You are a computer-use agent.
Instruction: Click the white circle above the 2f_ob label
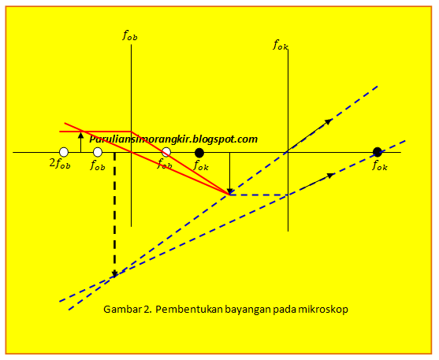pyautogui.click(x=64, y=152)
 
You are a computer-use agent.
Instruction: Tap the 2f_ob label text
pyautogui.click(x=60, y=164)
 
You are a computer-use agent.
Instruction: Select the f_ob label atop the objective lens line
pyautogui.click(x=130, y=35)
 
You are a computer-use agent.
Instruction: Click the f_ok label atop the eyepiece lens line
pyautogui.click(x=281, y=45)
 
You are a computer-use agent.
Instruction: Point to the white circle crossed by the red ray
pyautogui.click(x=166, y=152)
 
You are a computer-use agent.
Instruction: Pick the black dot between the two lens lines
pyautogui.click(x=199, y=153)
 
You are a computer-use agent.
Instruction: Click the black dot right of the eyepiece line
pyautogui.click(x=378, y=152)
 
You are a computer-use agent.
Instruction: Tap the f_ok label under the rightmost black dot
pyautogui.click(x=380, y=165)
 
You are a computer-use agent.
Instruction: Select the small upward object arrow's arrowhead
pyautogui.click(x=80, y=135)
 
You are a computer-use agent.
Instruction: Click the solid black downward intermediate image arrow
pyautogui.click(x=230, y=173)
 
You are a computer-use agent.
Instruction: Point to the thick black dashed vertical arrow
pyautogui.click(x=114, y=215)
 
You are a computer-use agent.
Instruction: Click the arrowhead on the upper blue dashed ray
pyautogui.click(x=329, y=121)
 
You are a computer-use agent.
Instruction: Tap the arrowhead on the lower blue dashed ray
pyautogui.click(x=330, y=176)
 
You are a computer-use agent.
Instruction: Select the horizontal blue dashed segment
pyautogui.click(x=259, y=195)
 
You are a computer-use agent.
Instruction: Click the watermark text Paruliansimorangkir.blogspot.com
pyautogui.click(x=173, y=139)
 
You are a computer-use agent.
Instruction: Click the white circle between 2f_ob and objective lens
pyautogui.click(x=98, y=152)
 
